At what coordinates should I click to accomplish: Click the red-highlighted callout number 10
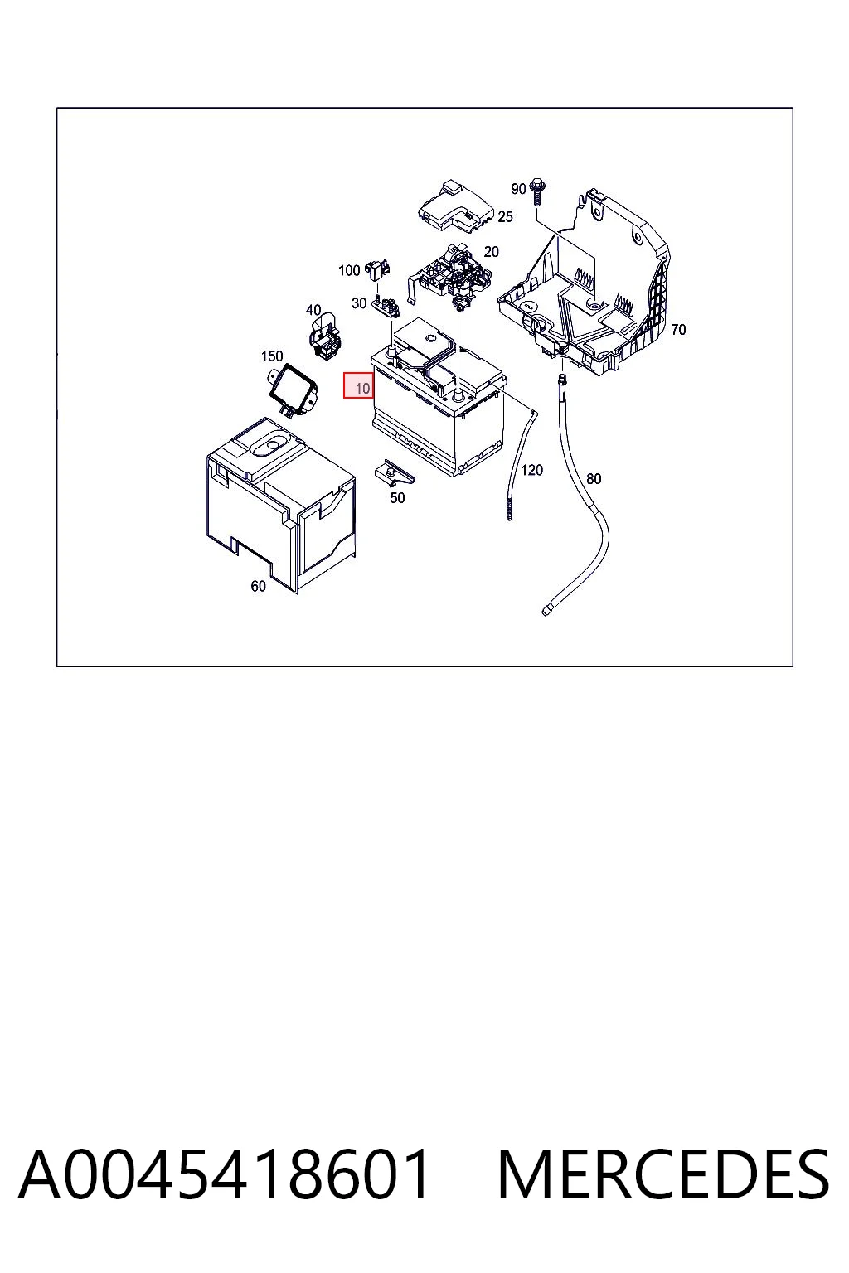coord(362,389)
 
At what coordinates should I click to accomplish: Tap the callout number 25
coord(505,216)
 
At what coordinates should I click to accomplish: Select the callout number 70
coord(678,330)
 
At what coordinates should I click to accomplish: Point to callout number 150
coord(272,356)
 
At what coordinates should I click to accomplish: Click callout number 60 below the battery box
coord(258,586)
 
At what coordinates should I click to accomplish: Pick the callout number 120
coord(531,470)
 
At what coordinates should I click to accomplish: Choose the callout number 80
coord(594,479)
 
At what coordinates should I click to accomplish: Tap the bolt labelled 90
coord(536,192)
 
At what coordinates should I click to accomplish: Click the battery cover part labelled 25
coord(455,208)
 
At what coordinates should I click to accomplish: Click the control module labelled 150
coord(293,391)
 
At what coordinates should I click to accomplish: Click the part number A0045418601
coord(223,1174)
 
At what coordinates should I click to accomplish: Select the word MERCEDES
coord(663,1174)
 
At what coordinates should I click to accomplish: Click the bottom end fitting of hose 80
coord(546,610)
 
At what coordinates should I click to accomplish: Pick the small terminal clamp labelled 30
coord(386,307)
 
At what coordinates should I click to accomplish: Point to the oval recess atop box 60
coord(270,447)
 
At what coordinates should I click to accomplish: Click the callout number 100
coord(349,270)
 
